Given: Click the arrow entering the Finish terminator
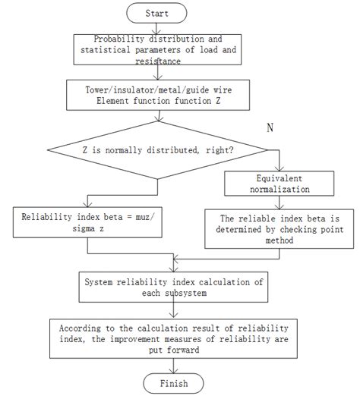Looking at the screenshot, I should [175, 366].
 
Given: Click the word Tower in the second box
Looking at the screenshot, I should [101, 90].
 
